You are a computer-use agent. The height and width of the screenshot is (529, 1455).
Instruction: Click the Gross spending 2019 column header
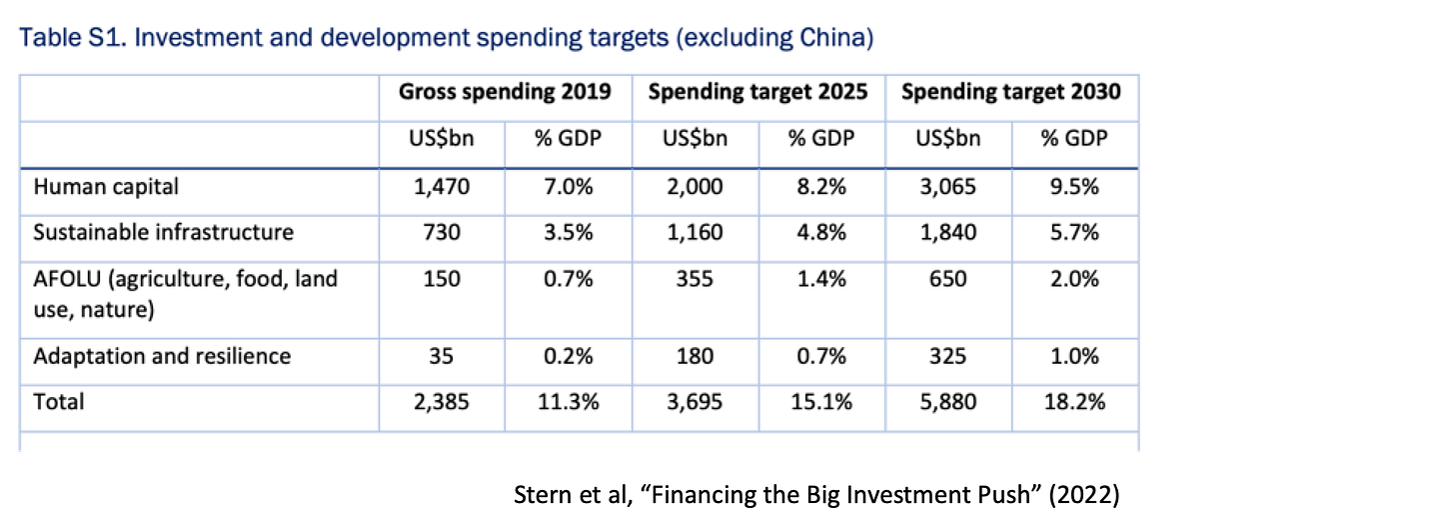(x=505, y=92)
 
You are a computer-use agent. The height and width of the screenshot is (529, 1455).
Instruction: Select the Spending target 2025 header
(x=757, y=92)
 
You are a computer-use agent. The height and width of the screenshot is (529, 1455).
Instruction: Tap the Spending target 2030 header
(x=1010, y=92)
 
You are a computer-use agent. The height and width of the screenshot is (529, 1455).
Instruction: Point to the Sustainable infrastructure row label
(x=163, y=232)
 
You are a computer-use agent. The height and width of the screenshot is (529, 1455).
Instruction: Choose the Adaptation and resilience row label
(x=162, y=356)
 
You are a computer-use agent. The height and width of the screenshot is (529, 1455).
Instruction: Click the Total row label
(x=59, y=402)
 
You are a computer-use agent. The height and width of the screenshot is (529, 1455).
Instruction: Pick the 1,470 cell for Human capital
(x=442, y=186)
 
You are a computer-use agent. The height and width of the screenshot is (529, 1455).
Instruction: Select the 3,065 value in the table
(x=947, y=186)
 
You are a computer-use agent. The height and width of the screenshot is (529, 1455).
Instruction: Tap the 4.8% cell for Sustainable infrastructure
(x=821, y=232)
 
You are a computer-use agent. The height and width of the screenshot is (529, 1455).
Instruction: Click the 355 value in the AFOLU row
(x=695, y=279)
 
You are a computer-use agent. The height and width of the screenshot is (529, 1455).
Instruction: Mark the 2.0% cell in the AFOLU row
(x=1074, y=279)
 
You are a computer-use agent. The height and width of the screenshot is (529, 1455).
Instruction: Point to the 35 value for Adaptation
(x=442, y=356)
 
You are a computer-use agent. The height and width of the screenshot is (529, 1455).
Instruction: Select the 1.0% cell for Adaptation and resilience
(x=1074, y=356)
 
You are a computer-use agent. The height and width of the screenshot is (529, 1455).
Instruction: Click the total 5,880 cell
(x=947, y=402)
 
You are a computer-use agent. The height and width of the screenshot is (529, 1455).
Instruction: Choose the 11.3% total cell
(x=568, y=402)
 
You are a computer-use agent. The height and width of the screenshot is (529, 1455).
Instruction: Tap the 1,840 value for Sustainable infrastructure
(x=947, y=232)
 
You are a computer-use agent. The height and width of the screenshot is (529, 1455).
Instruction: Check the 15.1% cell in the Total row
(x=821, y=402)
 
